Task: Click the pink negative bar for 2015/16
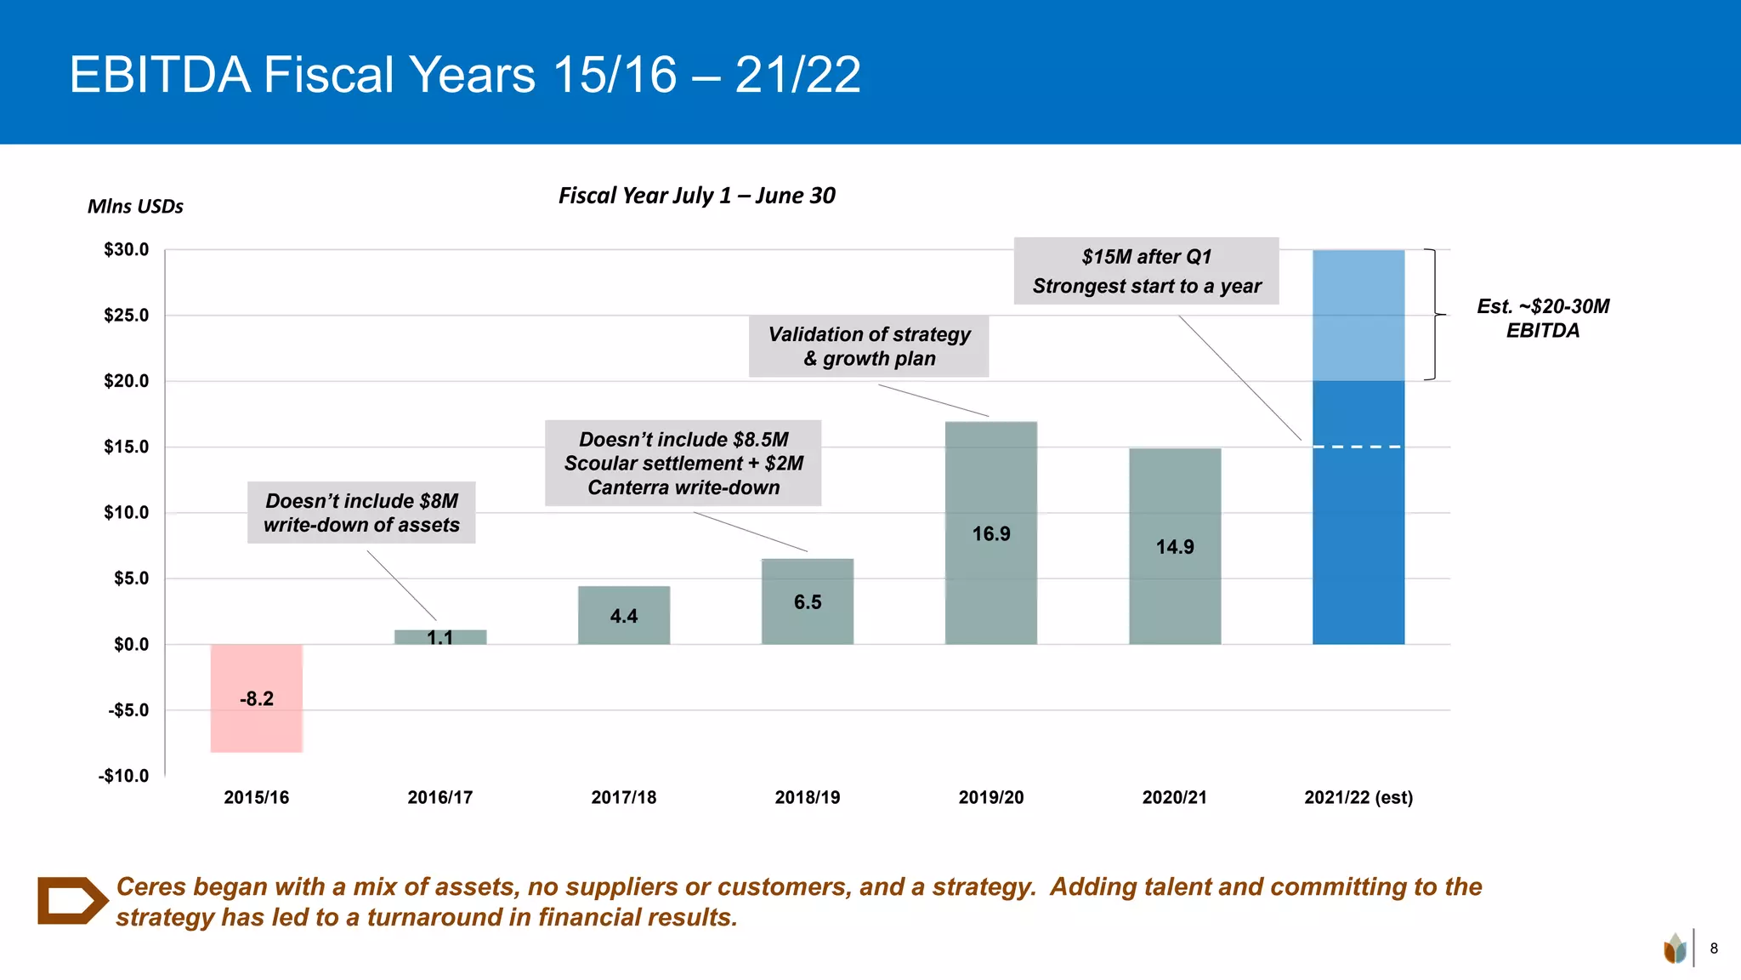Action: [x=257, y=698]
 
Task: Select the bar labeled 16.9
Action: [x=991, y=533]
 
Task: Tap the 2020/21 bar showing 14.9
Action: [x=1175, y=546]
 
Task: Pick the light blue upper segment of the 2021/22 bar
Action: [x=1358, y=315]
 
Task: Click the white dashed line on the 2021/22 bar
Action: [x=1358, y=447]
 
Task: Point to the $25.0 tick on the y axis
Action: [x=127, y=316]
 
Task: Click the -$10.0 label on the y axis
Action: [x=124, y=776]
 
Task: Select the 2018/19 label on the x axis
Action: [x=808, y=798]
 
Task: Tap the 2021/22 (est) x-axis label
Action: [x=1358, y=798]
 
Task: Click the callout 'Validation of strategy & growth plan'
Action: [x=869, y=346]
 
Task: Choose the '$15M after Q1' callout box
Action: [x=1146, y=271]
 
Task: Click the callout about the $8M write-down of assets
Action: [x=361, y=513]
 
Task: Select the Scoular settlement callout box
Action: [x=683, y=464]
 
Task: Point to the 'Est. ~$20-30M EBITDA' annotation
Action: [x=1543, y=318]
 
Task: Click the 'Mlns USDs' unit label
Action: [x=135, y=207]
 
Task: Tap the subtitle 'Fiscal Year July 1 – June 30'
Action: [x=696, y=196]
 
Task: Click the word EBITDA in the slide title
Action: [x=160, y=75]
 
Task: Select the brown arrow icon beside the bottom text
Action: [x=71, y=901]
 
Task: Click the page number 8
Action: [x=1714, y=949]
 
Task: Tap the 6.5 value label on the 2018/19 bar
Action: [x=808, y=602]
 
